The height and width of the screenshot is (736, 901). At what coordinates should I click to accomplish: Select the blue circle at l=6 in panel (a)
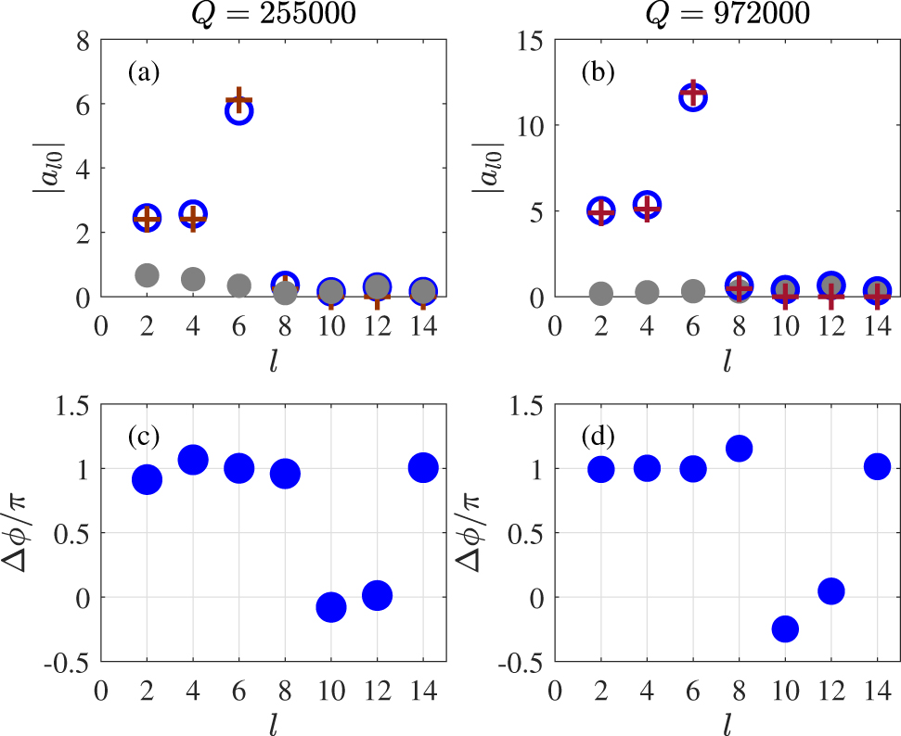pyautogui.click(x=238, y=110)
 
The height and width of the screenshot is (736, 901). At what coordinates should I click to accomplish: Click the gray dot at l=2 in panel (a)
pyautogui.click(x=147, y=274)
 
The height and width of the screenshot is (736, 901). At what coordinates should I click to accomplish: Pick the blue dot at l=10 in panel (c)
pyautogui.click(x=330, y=607)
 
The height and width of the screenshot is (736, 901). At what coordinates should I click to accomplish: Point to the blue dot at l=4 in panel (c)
pyautogui.click(x=193, y=459)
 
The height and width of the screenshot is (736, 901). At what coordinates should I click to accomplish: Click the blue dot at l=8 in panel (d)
pyautogui.click(x=739, y=449)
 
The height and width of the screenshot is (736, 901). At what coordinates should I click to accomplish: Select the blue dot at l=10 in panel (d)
pyautogui.click(x=785, y=628)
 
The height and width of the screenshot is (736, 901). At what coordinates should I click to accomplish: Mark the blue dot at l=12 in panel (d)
pyautogui.click(x=830, y=590)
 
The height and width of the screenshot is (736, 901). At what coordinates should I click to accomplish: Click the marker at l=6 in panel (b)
pyautogui.click(x=692, y=95)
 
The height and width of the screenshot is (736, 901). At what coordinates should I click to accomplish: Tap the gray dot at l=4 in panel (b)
pyautogui.click(x=647, y=292)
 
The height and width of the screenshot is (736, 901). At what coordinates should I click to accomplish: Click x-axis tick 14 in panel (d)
pyautogui.click(x=877, y=691)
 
